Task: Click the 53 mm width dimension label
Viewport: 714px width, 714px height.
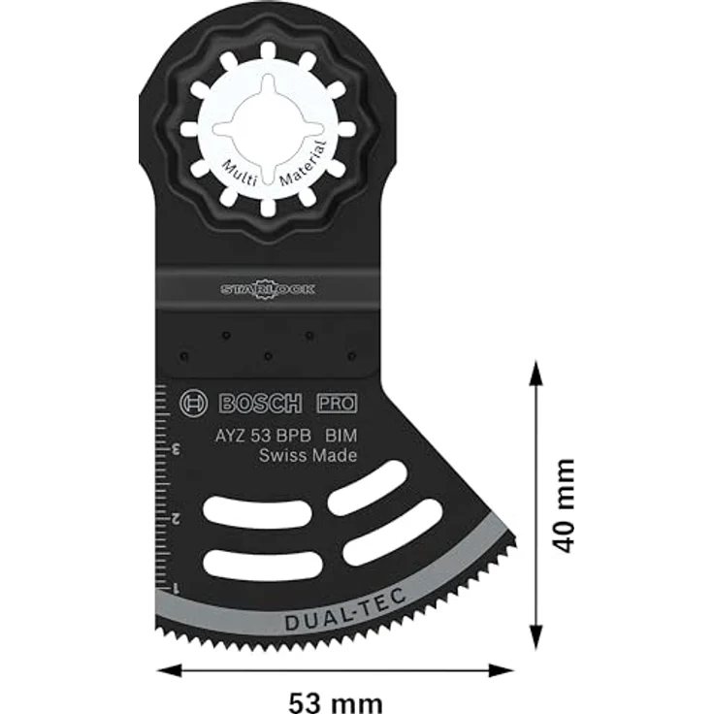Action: (x=335, y=700)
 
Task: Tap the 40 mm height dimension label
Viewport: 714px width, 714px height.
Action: (x=564, y=504)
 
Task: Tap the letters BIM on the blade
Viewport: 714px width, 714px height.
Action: (x=341, y=436)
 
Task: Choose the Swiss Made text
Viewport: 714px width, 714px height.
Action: (x=308, y=456)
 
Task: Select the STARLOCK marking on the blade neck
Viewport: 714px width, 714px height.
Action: (x=268, y=288)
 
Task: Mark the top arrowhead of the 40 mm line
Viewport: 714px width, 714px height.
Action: (x=533, y=370)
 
